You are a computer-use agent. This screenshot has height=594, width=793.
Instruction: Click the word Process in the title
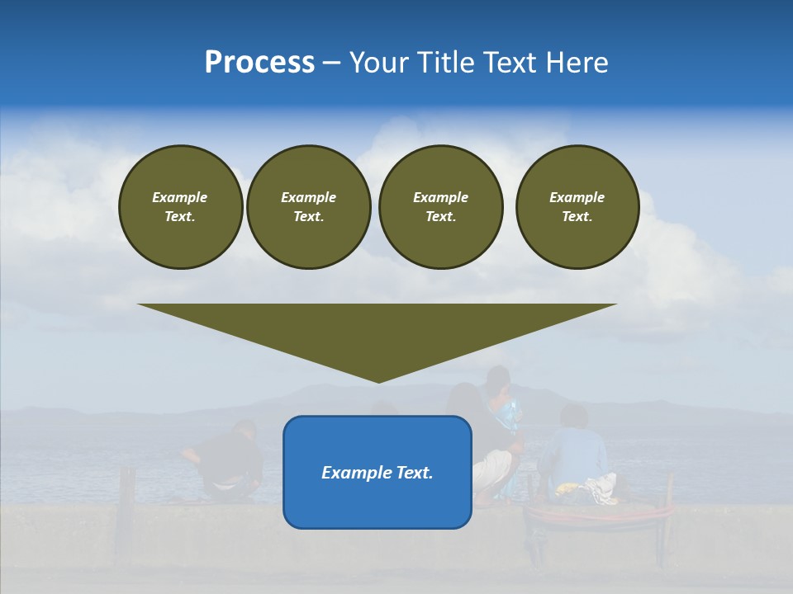(x=259, y=63)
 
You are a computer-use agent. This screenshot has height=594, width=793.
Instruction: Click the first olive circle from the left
(x=180, y=206)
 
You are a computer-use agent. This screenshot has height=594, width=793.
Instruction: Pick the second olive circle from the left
(x=308, y=206)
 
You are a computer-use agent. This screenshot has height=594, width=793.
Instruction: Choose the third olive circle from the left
(x=440, y=206)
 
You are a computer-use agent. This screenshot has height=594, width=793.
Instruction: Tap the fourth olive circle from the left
(x=577, y=206)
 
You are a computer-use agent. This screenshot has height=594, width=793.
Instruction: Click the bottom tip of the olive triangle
(x=378, y=380)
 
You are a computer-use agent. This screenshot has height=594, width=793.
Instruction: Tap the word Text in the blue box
(x=413, y=473)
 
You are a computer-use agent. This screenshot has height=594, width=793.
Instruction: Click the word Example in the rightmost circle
(x=577, y=197)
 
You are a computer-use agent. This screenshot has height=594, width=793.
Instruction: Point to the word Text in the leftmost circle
(x=179, y=216)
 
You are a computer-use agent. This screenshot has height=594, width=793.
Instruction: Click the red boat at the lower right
(x=599, y=516)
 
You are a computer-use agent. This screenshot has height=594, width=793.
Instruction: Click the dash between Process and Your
(x=331, y=63)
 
